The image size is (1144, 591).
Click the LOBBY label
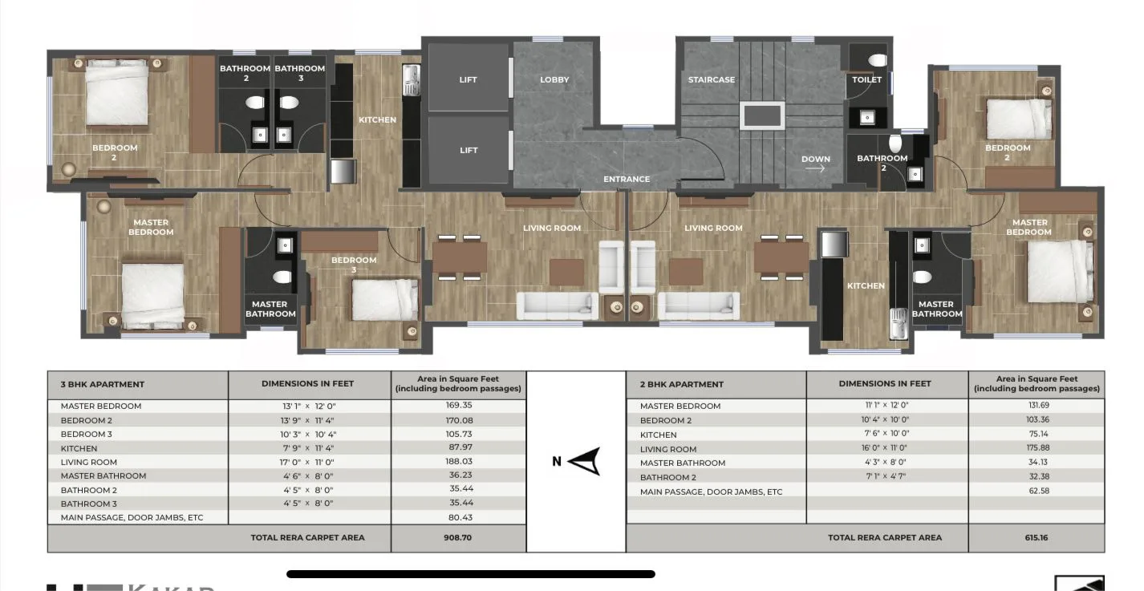pyautogui.click(x=554, y=79)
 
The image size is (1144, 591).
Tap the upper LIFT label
pyautogui.click(x=469, y=79)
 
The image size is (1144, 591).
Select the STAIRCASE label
pyautogui.click(x=711, y=79)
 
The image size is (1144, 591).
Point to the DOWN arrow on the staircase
pyautogui.click(x=815, y=168)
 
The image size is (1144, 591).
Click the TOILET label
pyautogui.click(x=866, y=79)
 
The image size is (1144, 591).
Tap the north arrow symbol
pyautogui.click(x=586, y=461)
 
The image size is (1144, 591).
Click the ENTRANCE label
pyautogui.click(x=627, y=179)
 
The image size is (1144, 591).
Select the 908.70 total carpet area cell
pyautogui.click(x=458, y=537)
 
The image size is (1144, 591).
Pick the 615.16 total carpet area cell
pyautogui.click(x=1036, y=537)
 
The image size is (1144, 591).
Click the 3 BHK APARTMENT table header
pyautogui.click(x=103, y=384)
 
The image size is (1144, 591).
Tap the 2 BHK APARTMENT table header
pyautogui.click(x=681, y=384)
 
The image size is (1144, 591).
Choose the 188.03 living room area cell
pyautogui.click(x=458, y=462)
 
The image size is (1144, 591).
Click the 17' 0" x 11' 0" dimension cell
pyautogui.click(x=308, y=462)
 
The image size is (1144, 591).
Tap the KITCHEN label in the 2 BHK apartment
pyautogui.click(x=866, y=285)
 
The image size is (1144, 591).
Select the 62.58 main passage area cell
pyautogui.click(x=1036, y=491)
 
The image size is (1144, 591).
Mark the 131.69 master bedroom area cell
pyautogui.click(x=1036, y=406)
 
